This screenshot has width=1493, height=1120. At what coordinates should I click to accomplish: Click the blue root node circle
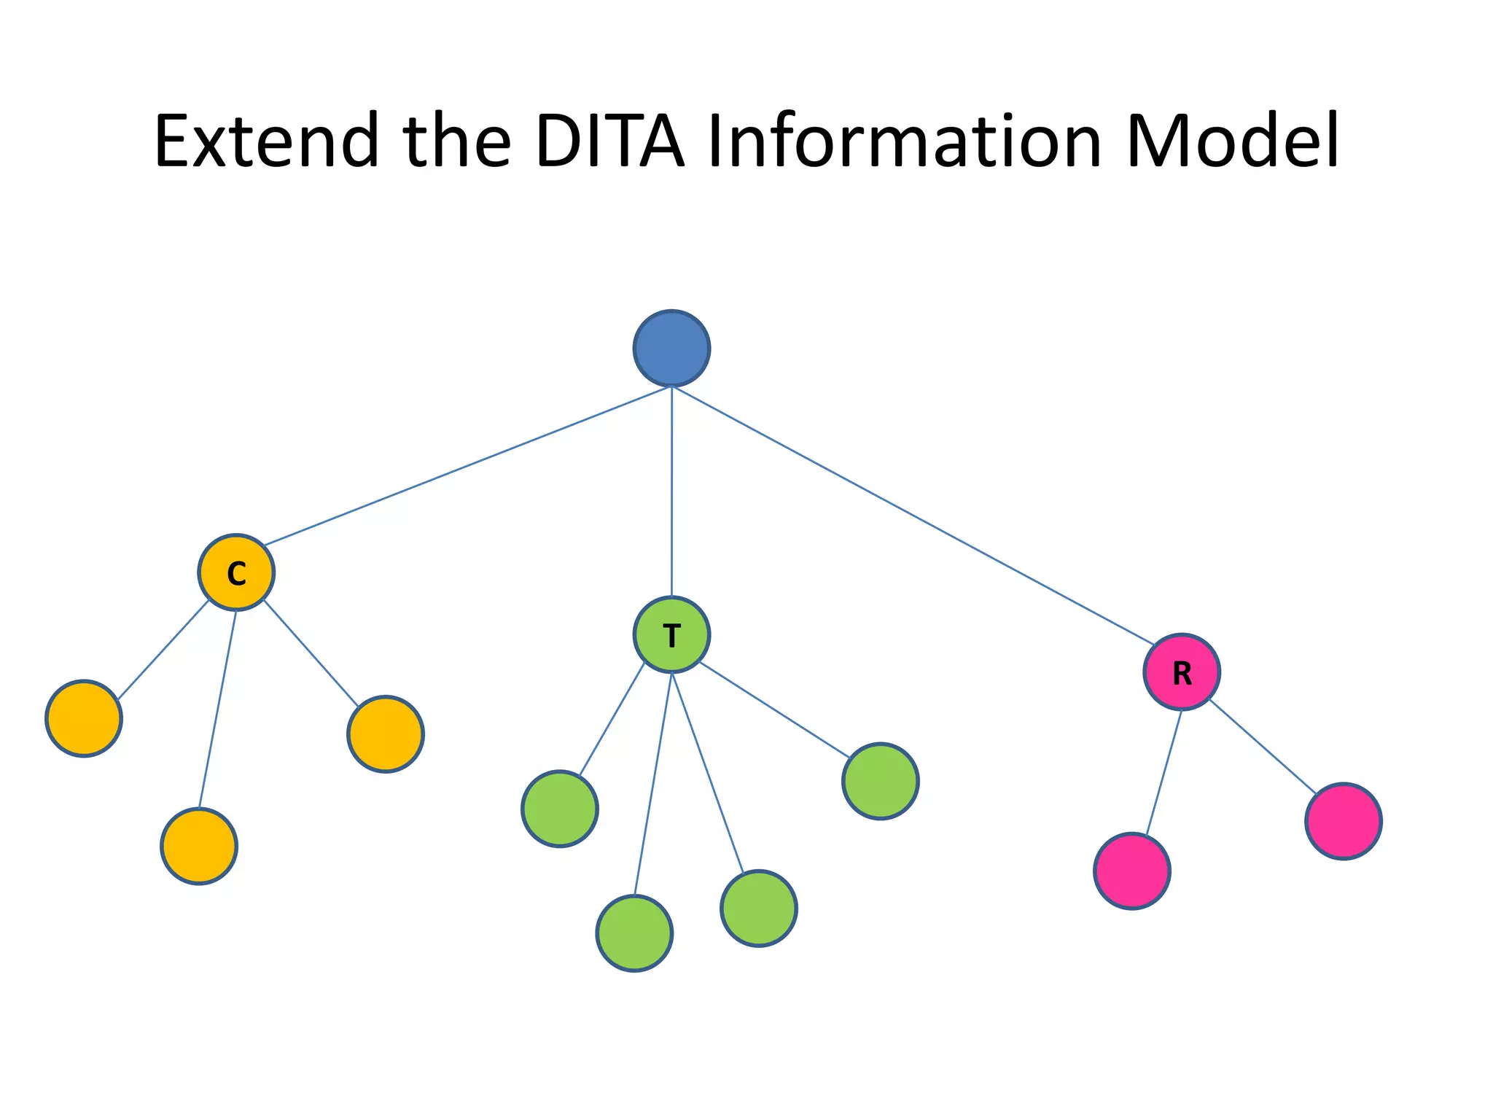coord(671,349)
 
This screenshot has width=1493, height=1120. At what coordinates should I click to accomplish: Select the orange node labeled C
coord(236,572)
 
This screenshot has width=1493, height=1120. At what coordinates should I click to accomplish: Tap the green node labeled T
coord(671,634)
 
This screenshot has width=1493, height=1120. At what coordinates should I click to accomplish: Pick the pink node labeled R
coord(1181,672)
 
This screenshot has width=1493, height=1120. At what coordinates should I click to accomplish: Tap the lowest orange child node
coord(199,846)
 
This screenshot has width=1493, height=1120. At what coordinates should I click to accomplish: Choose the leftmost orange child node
coord(84,718)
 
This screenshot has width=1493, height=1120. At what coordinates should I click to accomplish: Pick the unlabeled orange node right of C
coord(386,734)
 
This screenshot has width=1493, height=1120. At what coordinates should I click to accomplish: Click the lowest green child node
coord(634,933)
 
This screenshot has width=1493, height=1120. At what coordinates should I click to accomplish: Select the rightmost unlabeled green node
coord(880,781)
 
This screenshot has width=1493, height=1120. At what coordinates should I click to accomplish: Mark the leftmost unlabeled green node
coord(560,809)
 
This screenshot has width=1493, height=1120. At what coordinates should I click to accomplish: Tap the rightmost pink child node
coord(1343,821)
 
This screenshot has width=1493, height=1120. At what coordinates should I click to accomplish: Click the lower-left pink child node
coord(1132,871)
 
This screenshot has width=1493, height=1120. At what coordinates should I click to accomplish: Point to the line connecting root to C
coord(467,466)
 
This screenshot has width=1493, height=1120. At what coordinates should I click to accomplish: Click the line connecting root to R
coord(911,514)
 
